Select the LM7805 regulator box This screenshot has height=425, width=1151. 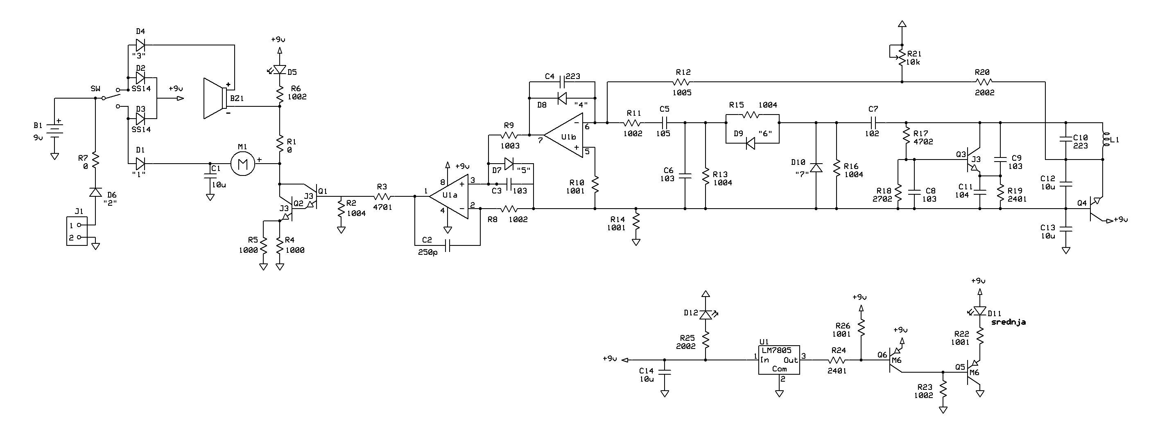[x=779, y=360]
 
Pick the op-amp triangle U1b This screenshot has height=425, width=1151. [x=564, y=136]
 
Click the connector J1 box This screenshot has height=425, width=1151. [x=77, y=231]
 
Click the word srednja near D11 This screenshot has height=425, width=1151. [x=1008, y=322]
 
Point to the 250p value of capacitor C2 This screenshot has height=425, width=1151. [x=428, y=252]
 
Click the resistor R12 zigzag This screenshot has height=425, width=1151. [x=682, y=82]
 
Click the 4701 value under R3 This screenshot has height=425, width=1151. [x=382, y=207]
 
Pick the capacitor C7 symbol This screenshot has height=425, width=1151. [x=873, y=122]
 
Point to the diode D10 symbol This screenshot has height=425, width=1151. [x=816, y=168]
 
